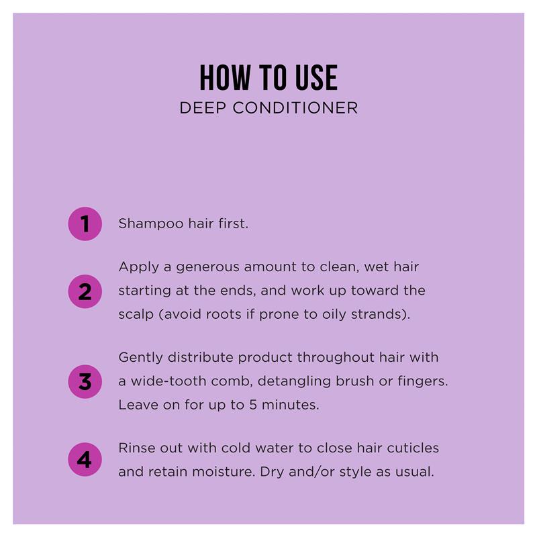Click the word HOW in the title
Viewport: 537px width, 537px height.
[x=225, y=78]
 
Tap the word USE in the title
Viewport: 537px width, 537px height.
[x=316, y=78]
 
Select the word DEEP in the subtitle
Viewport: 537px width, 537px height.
[x=203, y=108]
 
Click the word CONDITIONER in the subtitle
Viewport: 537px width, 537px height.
[x=295, y=108]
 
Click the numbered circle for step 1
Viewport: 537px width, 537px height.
[x=85, y=224]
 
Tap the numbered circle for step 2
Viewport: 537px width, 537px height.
[x=85, y=291]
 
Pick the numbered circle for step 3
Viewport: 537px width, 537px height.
[x=85, y=381]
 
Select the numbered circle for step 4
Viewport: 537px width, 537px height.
[x=85, y=460]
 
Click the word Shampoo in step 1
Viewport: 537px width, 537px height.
[x=151, y=224]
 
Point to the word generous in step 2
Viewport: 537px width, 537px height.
[x=207, y=268]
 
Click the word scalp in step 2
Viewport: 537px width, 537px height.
[x=136, y=315]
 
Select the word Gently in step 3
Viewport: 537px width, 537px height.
[x=140, y=358]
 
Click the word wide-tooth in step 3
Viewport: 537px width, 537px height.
[x=168, y=381]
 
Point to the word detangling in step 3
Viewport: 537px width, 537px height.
[x=294, y=382]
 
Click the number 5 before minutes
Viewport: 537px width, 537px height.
[x=253, y=405]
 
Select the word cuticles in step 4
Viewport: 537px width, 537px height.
[x=413, y=448]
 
